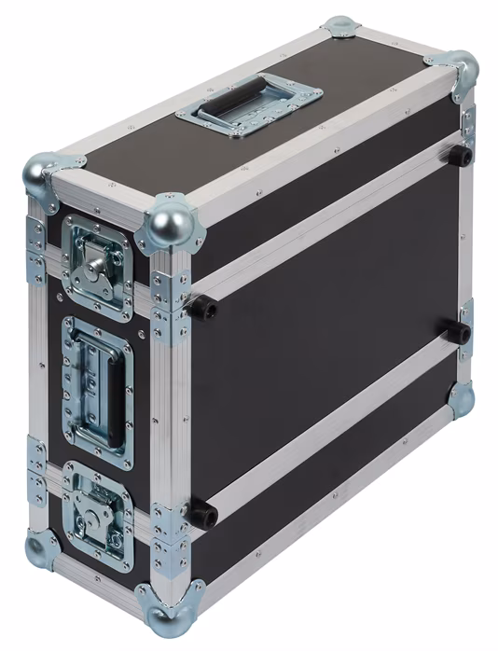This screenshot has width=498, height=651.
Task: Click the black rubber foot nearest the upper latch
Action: (x=201, y=307)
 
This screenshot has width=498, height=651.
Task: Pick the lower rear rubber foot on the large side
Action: (x=457, y=331)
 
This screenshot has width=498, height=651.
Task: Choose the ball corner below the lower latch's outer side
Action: (x=41, y=548)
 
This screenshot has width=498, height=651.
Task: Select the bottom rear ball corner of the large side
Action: (x=460, y=398)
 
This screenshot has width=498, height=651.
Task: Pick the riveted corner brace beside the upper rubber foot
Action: (x=170, y=297)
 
